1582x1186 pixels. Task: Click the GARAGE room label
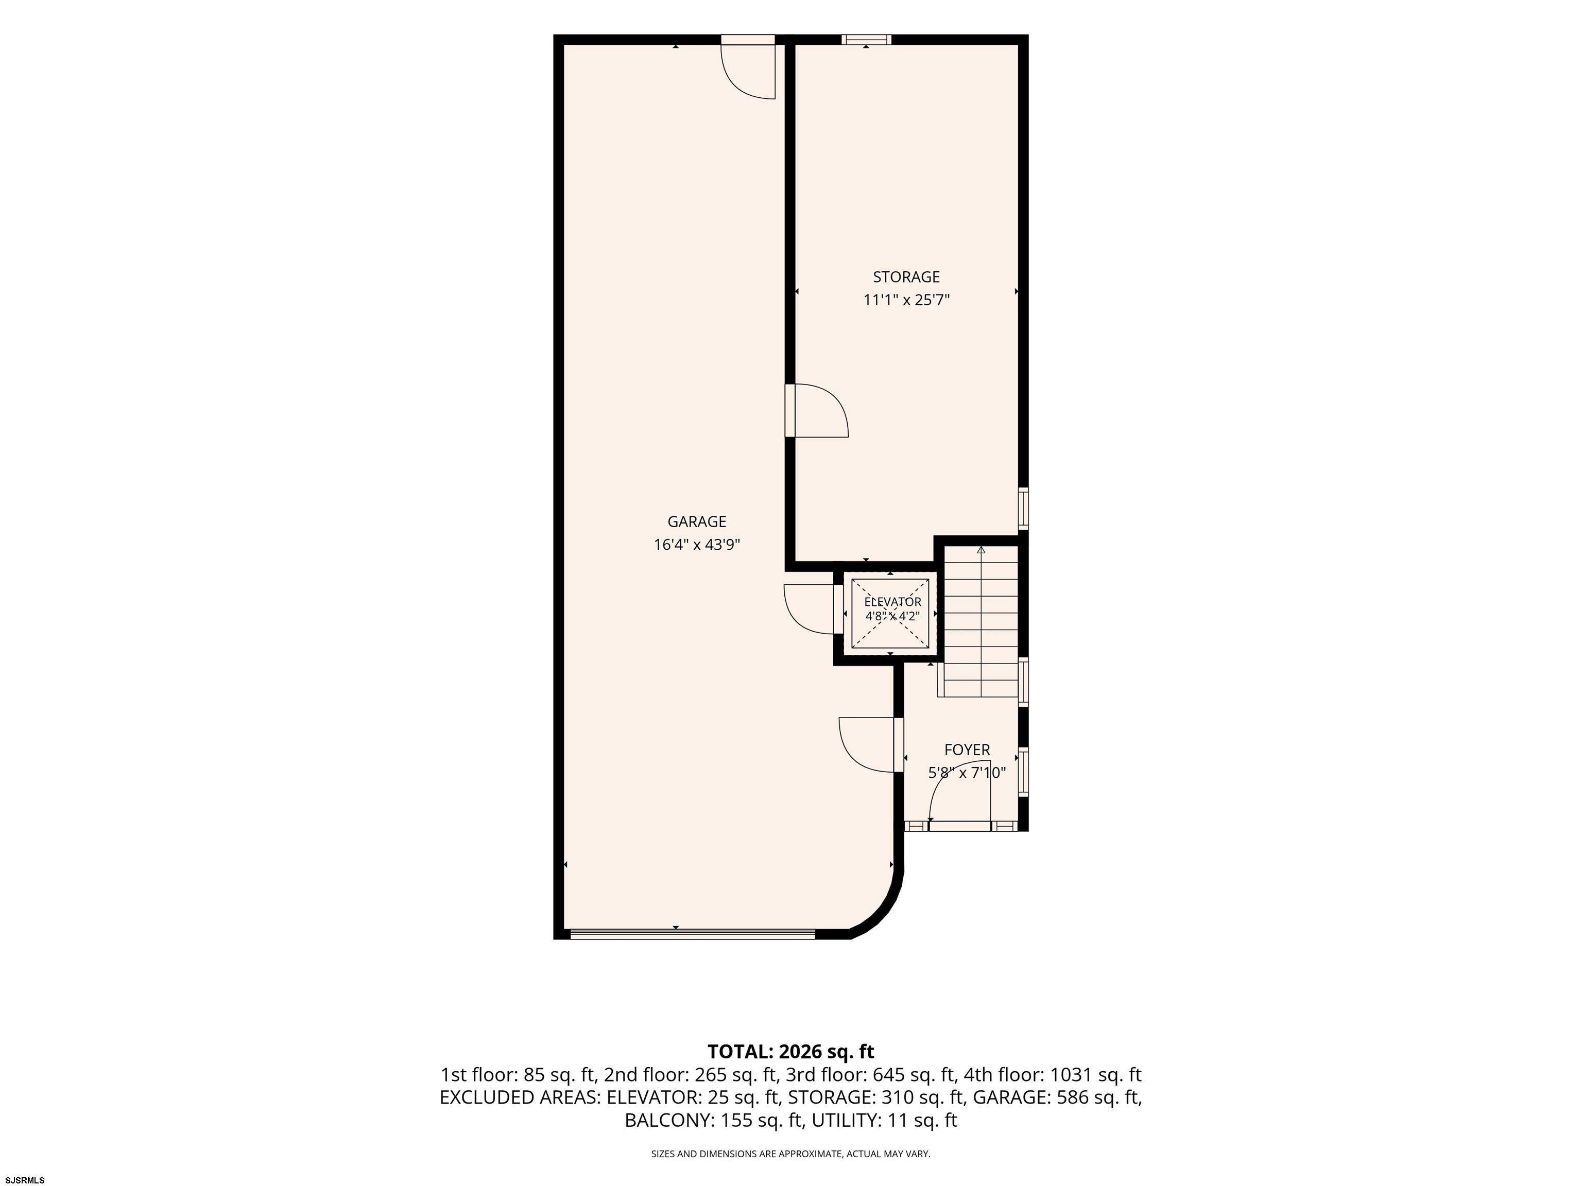(697, 522)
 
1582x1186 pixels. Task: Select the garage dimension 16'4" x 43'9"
(697, 545)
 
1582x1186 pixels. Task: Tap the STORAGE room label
(906, 276)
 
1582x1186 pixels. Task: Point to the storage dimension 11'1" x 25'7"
(906, 300)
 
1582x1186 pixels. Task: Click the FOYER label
(967, 750)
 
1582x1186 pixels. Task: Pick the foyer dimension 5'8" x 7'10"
(967, 773)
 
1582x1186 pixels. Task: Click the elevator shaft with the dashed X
(890, 614)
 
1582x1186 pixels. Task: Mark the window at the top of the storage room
(866, 39)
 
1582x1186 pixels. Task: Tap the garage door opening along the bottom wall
(692, 934)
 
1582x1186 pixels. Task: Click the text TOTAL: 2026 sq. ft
(790, 1052)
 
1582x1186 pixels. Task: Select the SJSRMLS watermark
(24, 1180)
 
